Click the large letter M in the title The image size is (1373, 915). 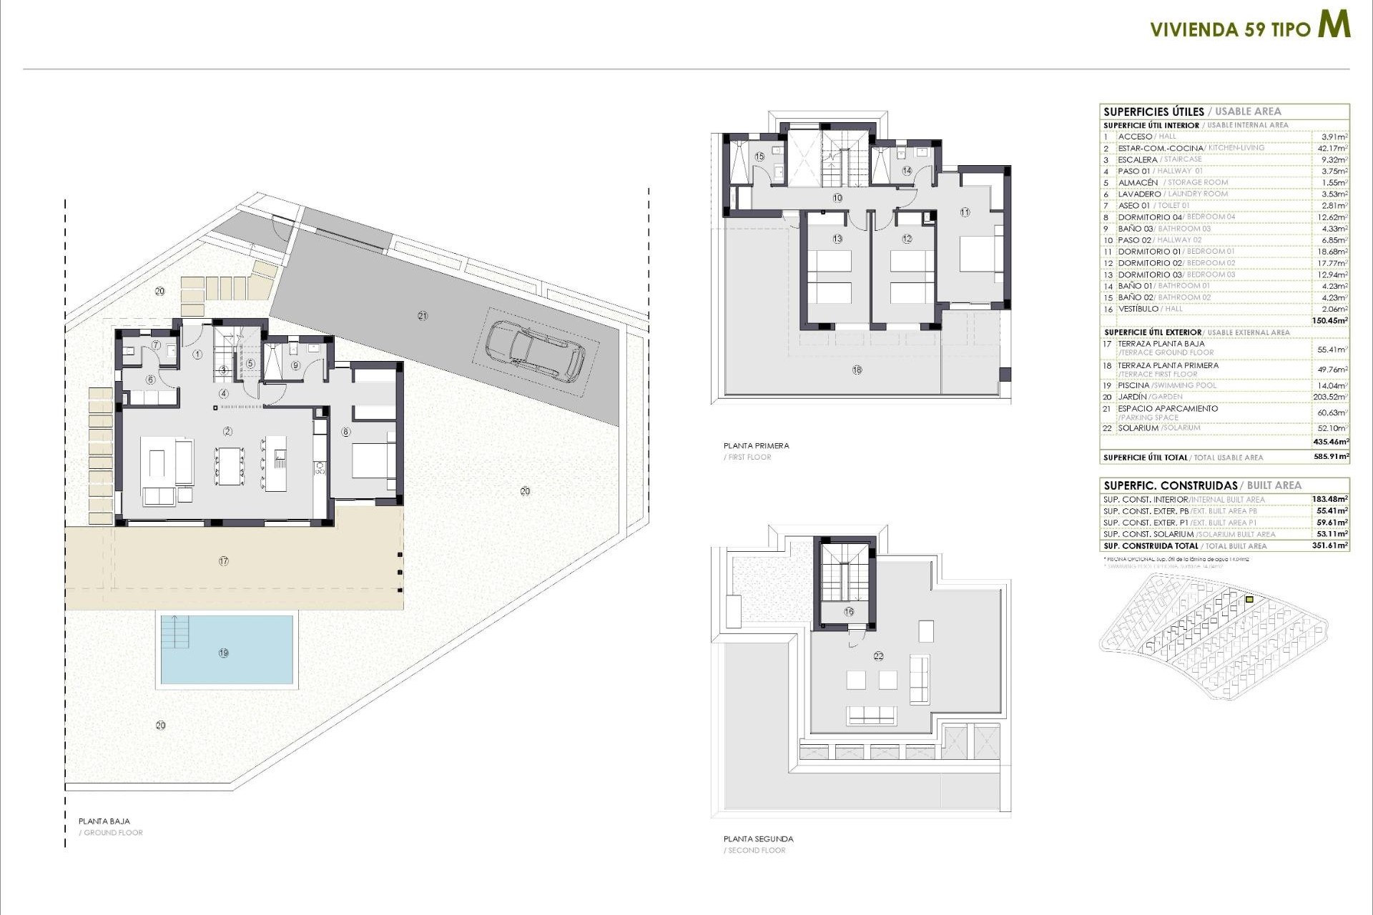pyautogui.click(x=1334, y=26)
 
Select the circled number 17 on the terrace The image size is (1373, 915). pyautogui.click(x=224, y=561)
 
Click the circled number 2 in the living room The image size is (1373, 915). pyautogui.click(x=228, y=431)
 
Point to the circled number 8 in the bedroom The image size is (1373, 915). pyautogui.click(x=346, y=432)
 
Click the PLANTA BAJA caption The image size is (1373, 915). pyautogui.click(x=104, y=821)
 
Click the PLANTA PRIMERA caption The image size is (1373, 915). pyautogui.click(x=756, y=445)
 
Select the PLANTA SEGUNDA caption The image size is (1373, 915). pyautogui.click(x=758, y=839)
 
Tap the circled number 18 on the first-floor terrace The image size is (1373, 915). pyautogui.click(x=857, y=370)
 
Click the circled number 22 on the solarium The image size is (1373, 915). pyautogui.click(x=878, y=656)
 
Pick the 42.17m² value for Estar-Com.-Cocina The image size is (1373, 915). pyautogui.click(x=1333, y=148)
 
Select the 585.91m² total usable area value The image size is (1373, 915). pyautogui.click(x=1331, y=456)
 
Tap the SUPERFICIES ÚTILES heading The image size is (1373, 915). pyautogui.click(x=1153, y=112)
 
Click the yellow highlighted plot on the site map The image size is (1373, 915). pyautogui.click(x=1249, y=600)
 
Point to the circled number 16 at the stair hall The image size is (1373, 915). pyautogui.click(x=849, y=611)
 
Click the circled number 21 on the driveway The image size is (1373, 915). pyautogui.click(x=423, y=315)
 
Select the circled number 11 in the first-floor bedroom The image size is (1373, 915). pyautogui.click(x=965, y=212)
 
